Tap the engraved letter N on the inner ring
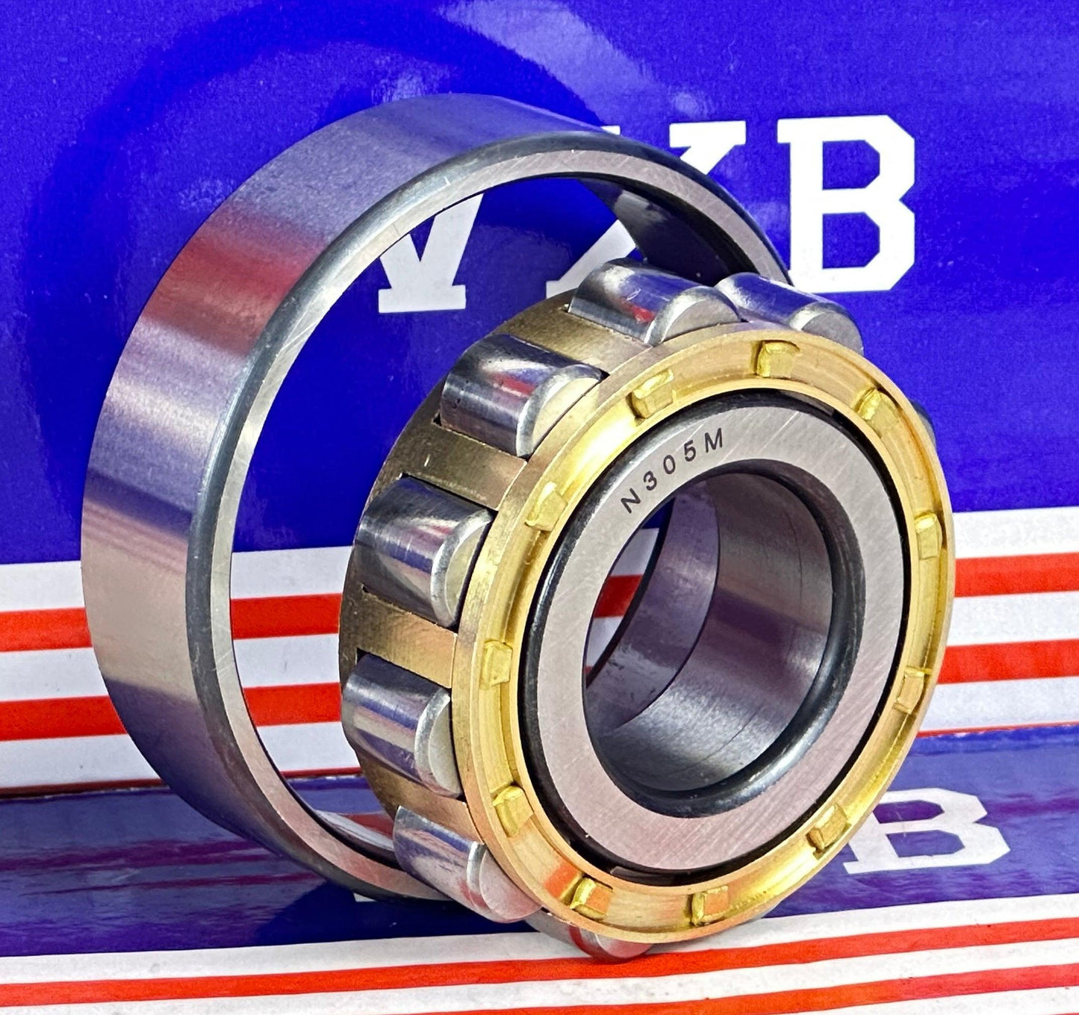(632, 504)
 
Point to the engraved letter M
(715, 444)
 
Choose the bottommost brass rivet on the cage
(707, 905)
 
